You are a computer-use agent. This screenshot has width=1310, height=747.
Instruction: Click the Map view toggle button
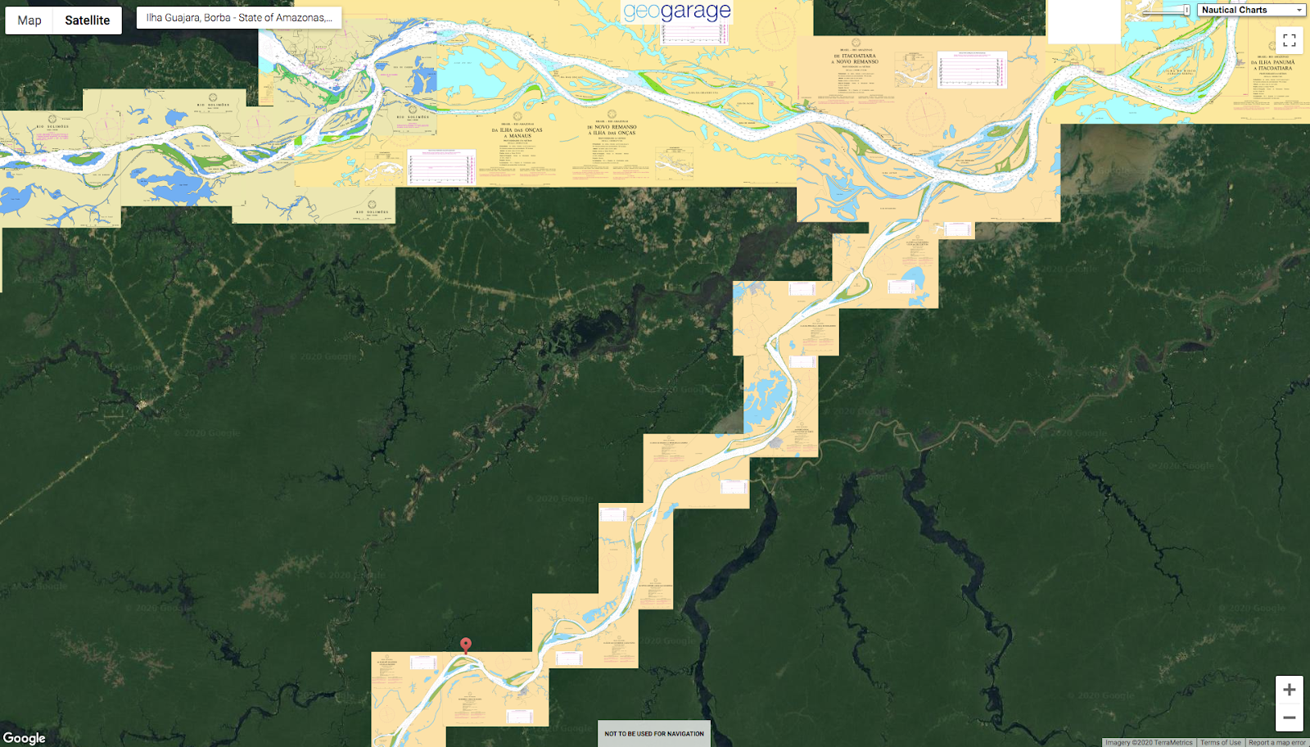point(29,20)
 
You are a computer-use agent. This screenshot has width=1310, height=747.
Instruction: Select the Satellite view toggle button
point(88,20)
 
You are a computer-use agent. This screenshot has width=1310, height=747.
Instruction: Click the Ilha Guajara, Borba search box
point(239,17)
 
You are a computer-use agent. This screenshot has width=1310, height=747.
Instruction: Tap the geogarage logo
point(676,11)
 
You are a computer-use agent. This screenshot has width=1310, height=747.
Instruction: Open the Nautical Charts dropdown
point(1251,10)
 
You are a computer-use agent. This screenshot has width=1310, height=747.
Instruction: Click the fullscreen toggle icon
point(1289,40)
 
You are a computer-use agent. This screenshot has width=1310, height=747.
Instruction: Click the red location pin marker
point(466,645)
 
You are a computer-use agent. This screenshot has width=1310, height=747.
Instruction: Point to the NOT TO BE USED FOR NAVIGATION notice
point(653,734)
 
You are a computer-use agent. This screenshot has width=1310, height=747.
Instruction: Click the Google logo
point(25,738)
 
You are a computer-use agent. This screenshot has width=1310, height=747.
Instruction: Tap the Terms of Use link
point(1220,743)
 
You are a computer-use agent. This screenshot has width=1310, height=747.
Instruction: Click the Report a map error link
point(1276,743)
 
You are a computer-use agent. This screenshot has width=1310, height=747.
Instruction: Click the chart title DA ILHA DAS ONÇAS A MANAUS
point(517,133)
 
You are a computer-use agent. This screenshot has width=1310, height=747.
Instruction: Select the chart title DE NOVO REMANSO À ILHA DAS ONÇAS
point(612,129)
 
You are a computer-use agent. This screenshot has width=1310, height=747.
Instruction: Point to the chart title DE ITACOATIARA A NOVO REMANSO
point(855,58)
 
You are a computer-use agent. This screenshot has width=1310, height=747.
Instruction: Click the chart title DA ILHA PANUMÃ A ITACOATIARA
point(1272,65)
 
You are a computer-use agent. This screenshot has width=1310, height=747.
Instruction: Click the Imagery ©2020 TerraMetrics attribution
point(1149,743)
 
